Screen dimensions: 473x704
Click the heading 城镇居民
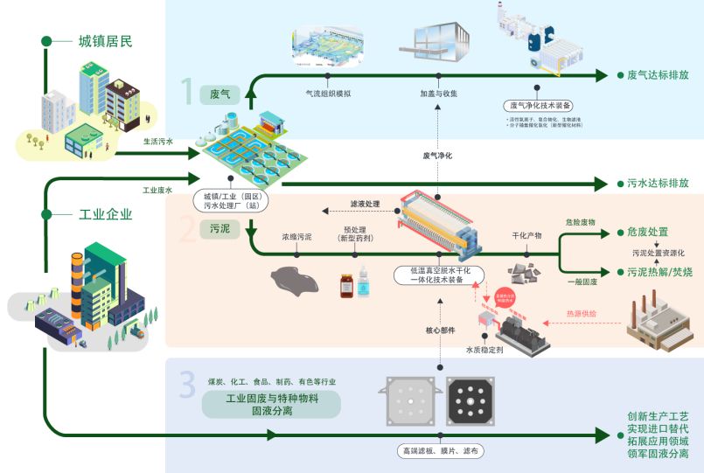point(106,40)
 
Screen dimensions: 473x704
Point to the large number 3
point(186,384)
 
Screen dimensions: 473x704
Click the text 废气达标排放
point(658,75)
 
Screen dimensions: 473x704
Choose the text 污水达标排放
point(658,184)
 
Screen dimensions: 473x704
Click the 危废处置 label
point(647,232)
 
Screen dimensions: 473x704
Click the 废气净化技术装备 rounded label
point(541,105)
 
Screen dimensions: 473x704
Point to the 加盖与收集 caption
point(439,92)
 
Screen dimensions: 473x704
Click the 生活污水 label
point(158,140)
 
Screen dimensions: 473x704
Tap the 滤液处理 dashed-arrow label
point(365,204)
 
